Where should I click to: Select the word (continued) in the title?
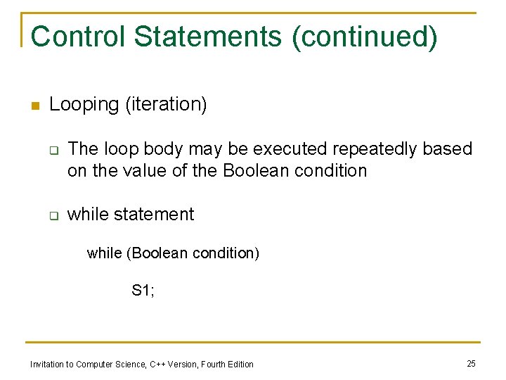pos(365,37)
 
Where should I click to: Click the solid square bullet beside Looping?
pos(33,106)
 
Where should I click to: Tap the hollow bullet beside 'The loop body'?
pos(53,150)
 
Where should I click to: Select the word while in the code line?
pos(104,253)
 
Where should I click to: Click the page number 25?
pos(471,363)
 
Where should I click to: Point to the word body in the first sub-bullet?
pos(159,149)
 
